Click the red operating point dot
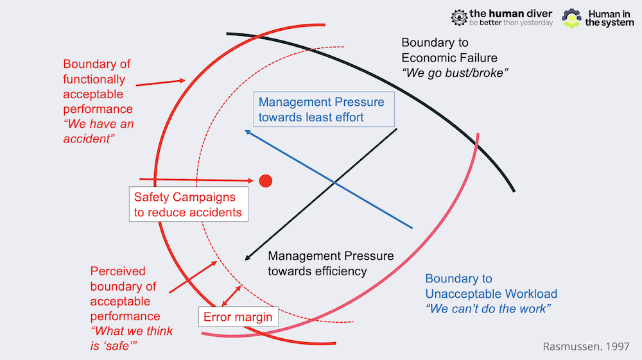pos(266,181)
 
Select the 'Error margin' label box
pos(238,316)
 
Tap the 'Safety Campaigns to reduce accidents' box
pos(188,205)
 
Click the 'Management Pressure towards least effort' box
pos(324,109)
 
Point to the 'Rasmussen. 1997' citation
pos(586,347)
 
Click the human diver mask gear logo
pos(459,17)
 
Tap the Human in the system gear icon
pos(571,19)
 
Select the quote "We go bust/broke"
pos(455,73)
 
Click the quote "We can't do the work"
pos(488,309)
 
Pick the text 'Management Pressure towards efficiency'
pos(331,264)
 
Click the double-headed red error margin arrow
pos(231,296)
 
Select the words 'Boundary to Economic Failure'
pos(449,50)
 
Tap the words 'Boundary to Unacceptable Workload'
pos(491,286)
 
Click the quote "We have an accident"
pos(99,131)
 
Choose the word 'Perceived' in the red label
pos(118,271)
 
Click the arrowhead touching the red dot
pos(251,180)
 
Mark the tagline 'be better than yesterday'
pos(511,22)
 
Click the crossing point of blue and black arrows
pos(334,182)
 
